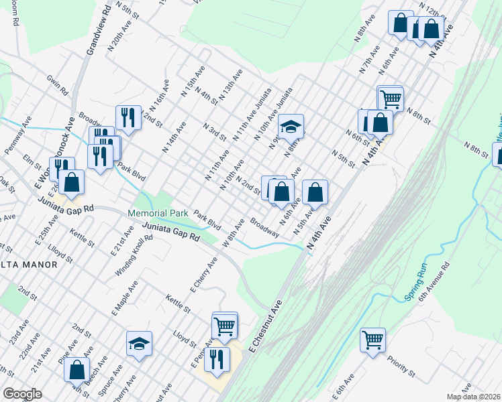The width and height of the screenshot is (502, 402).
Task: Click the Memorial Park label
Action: pos(158,214)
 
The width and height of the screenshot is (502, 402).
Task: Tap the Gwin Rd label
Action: pos(57,83)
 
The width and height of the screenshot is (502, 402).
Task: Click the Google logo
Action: pos(22,394)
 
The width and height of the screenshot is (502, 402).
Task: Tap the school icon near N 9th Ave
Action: pos(291,125)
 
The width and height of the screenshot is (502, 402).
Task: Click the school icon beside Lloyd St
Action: pos(139,343)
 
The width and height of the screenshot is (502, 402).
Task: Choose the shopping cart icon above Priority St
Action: pos(372,339)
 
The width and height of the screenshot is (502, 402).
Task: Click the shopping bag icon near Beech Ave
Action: pos(77,368)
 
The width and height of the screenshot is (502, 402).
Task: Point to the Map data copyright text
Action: pos(473,397)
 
